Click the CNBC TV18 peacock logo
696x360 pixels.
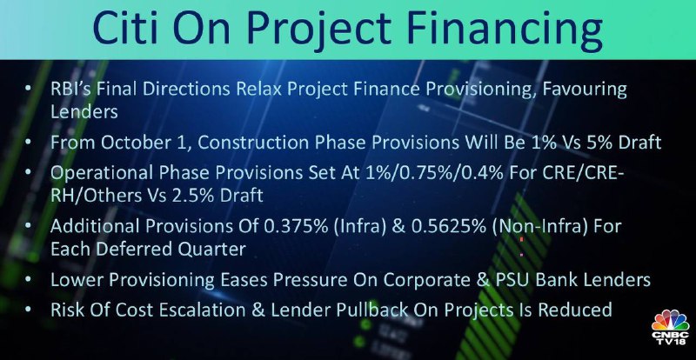[x=670, y=327]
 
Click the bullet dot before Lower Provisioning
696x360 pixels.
[x=29, y=280]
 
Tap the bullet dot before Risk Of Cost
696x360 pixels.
[x=29, y=309]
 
